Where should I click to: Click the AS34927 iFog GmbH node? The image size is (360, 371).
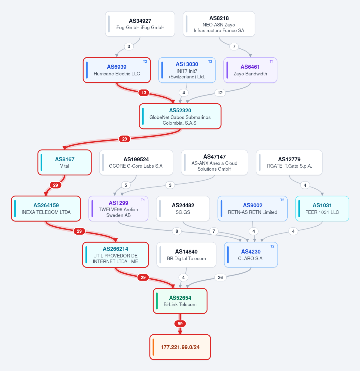[x=140, y=24]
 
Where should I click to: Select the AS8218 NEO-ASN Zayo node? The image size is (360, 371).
[x=219, y=24]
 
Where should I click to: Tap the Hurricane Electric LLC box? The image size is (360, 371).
[x=116, y=70]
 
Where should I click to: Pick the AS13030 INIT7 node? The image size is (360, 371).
[x=187, y=70]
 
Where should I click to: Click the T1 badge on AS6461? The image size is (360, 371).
[x=271, y=61]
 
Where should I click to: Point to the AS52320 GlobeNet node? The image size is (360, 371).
[x=180, y=116]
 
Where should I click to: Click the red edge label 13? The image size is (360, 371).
[x=144, y=93]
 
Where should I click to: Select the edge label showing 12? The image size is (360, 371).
[x=220, y=93]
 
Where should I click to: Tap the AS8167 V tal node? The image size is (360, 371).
[x=65, y=163]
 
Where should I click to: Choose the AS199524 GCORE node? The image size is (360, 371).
[x=136, y=163]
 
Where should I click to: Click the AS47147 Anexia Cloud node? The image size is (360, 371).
[x=214, y=163]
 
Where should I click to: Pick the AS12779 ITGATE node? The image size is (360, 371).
[x=289, y=163]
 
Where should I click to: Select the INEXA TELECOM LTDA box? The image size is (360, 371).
[x=46, y=208]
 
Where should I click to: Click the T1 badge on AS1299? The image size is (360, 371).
[x=143, y=200]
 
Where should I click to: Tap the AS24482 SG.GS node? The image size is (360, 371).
[x=183, y=208]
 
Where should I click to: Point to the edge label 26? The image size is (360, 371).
[x=220, y=277]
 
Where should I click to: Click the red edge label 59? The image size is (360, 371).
[x=180, y=324]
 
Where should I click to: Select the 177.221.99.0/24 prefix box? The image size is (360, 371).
[x=180, y=347]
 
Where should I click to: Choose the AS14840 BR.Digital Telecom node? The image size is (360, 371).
[x=186, y=255]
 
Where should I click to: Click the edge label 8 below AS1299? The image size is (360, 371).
[x=177, y=231]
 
